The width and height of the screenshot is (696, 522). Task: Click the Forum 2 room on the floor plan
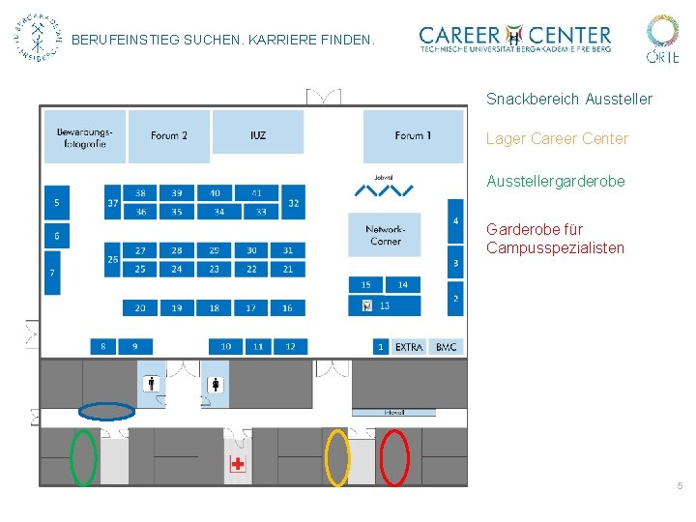[x=169, y=135]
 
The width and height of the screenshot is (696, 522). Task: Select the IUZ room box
[x=257, y=135]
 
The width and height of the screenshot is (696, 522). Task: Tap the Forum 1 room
[x=413, y=135]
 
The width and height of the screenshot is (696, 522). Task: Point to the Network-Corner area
[x=385, y=235]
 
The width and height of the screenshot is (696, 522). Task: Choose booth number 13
[x=385, y=305]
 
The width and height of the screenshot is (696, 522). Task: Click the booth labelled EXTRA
[x=409, y=346]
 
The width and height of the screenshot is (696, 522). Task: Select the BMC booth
[x=446, y=346]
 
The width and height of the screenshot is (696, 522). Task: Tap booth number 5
[x=56, y=203]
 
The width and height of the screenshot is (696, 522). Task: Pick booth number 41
[x=257, y=193]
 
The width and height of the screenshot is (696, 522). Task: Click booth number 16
[x=287, y=307]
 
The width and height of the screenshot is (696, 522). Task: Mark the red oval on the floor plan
[x=394, y=457]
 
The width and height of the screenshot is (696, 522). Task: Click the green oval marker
[x=84, y=456]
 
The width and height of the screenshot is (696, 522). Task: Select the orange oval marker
[x=336, y=457]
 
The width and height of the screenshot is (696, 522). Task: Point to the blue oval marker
[x=106, y=411]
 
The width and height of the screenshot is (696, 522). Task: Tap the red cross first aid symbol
[x=238, y=464]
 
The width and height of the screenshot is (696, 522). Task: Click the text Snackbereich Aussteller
[x=568, y=100]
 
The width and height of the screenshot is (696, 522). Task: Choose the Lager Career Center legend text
[x=557, y=139]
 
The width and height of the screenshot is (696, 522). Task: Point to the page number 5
[x=680, y=485]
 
